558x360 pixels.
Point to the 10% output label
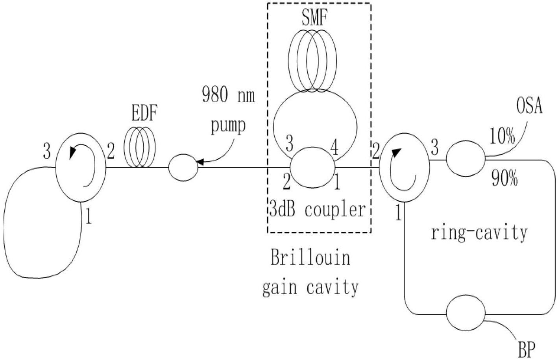pyautogui.click(x=502, y=136)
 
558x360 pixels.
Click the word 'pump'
pyautogui.click(x=228, y=126)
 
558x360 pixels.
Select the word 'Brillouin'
pyautogui.click(x=310, y=258)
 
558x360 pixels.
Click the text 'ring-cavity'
pyautogui.click(x=479, y=233)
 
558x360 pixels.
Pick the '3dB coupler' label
pyautogui.click(x=318, y=210)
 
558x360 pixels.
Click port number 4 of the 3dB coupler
pyautogui.click(x=334, y=148)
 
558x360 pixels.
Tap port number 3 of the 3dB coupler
pyautogui.click(x=289, y=144)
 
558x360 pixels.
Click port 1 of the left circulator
pyautogui.click(x=89, y=216)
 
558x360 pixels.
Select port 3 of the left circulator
pyautogui.click(x=47, y=151)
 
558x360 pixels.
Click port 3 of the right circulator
pyautogui.click(x=435, y=148)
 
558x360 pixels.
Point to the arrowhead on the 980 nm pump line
pyautogui.click(x=200, y=162)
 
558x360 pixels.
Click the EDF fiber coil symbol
pyautogui.click(x=139, y=147)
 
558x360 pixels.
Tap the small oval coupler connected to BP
pyautogui.click(x=466, y=313)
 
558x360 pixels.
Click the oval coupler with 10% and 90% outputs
pyautogui.click(x=466, y=159)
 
